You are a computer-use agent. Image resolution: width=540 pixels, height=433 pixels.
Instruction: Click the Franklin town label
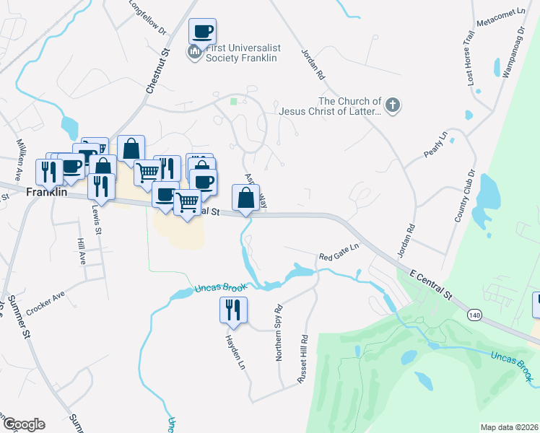point(47,193)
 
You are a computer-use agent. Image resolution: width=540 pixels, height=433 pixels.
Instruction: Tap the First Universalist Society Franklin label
point(242,53)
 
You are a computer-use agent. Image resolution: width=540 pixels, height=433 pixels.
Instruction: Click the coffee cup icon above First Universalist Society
point(202,32)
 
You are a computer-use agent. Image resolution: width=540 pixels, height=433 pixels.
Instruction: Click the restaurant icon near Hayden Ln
point(233,310)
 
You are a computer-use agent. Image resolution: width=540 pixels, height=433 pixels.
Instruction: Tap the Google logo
point(23,424)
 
